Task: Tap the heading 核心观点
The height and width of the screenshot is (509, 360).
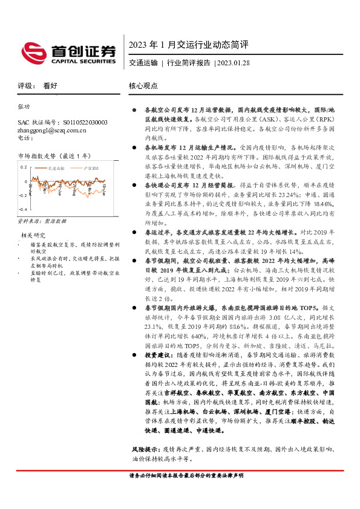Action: click(144, 86)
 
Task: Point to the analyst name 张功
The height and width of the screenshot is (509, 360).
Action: click(24, 106)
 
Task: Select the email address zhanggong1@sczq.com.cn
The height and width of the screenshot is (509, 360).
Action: click(52, 129)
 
